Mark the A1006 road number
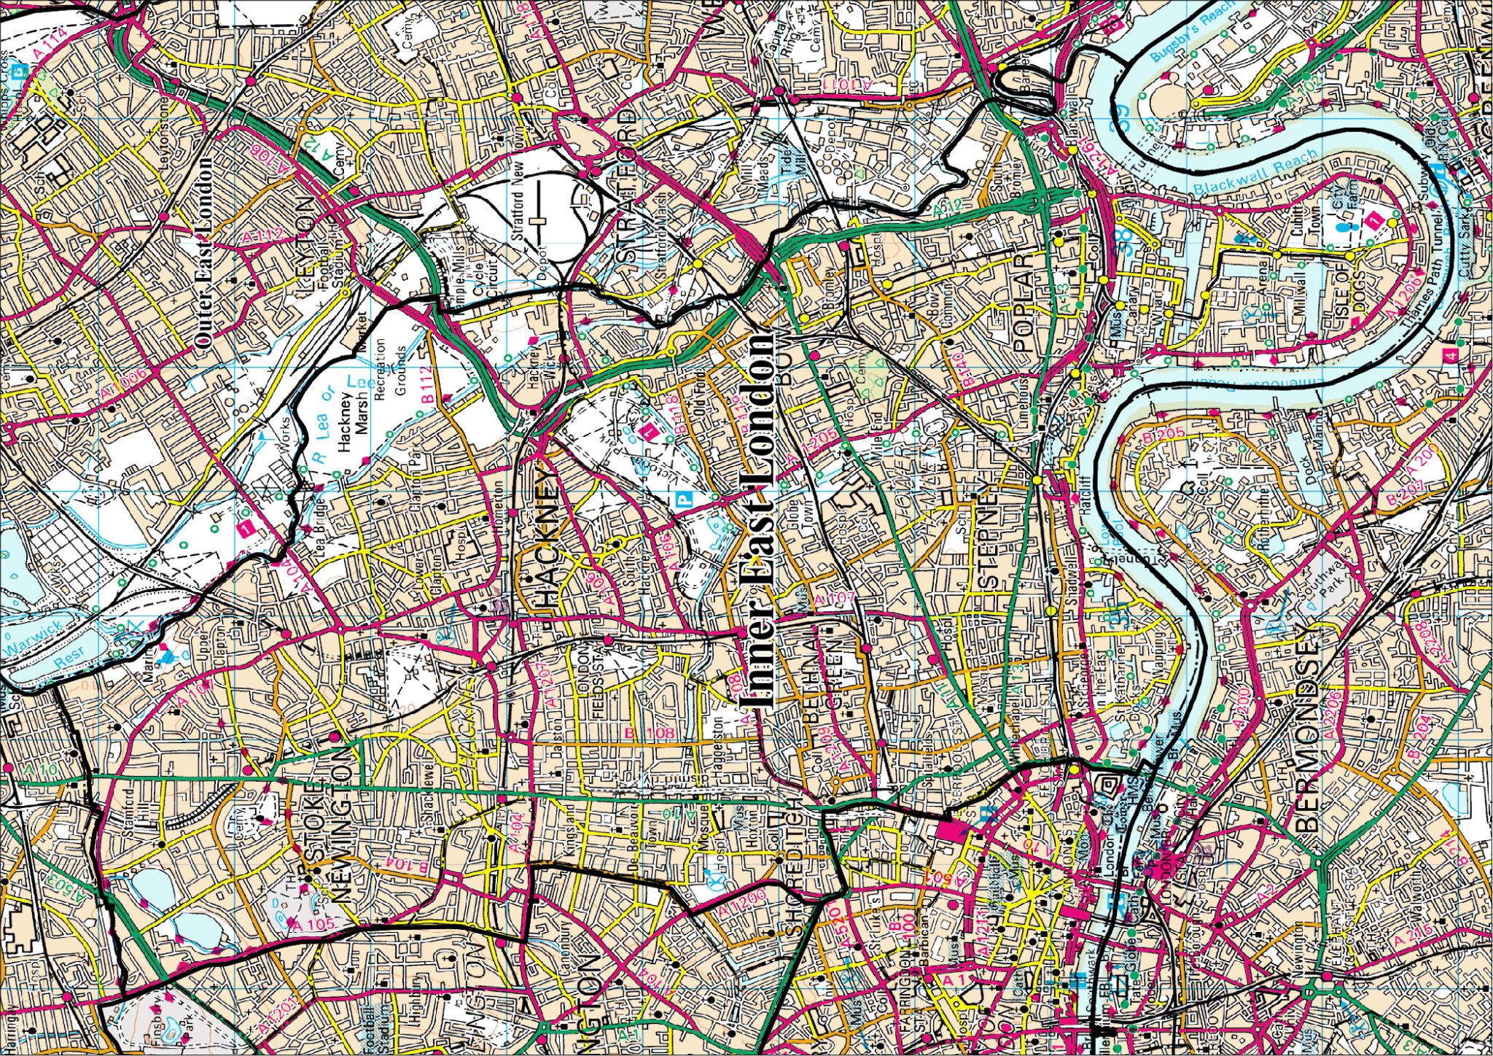coord(124,384)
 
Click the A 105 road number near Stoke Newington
coord(313,925)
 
